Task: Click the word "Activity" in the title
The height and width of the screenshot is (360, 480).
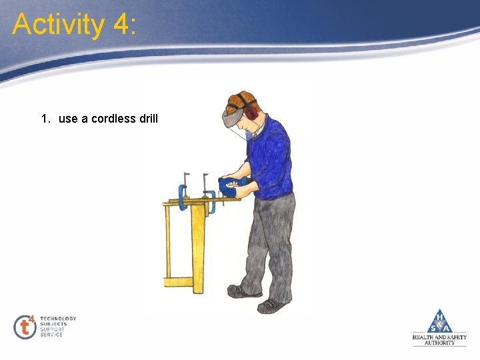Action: (x=59, y=25)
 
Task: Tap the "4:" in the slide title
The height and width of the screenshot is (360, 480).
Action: (x=125, y=25)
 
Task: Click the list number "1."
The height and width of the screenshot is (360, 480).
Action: (x=45, y=119)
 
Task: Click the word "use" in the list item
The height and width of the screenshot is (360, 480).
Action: (x=68, y=119)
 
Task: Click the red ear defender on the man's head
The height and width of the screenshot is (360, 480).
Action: (x=251, y=113)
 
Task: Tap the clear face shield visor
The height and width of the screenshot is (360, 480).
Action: (x=237, y=129)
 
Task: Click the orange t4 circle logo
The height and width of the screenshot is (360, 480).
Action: (x=25, y=326)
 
